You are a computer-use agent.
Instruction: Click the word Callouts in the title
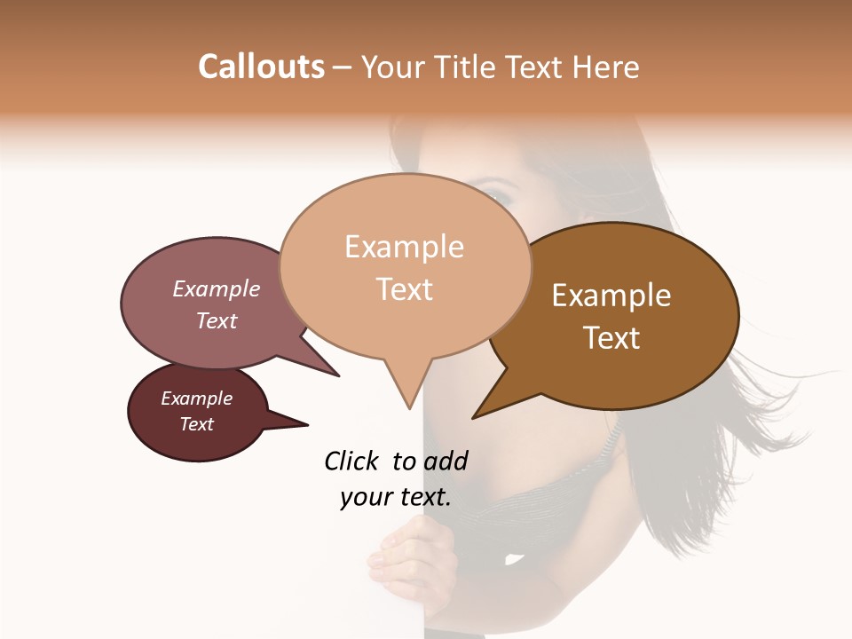point(261,67)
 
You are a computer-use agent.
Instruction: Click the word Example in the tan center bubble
point(404,247)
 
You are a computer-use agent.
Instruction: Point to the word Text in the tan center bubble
point(405,289)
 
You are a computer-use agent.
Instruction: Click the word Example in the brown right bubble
point(611,296)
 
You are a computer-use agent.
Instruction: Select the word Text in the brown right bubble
point(611,338)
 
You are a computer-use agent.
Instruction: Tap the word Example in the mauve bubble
point(217,289)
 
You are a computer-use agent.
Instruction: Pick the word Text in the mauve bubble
point(217,320)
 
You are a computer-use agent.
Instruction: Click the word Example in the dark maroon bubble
point(197,398)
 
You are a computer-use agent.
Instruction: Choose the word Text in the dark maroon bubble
point(197,424)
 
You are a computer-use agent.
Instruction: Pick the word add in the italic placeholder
point(446,461)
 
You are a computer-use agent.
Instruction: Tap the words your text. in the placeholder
point(396,497)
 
